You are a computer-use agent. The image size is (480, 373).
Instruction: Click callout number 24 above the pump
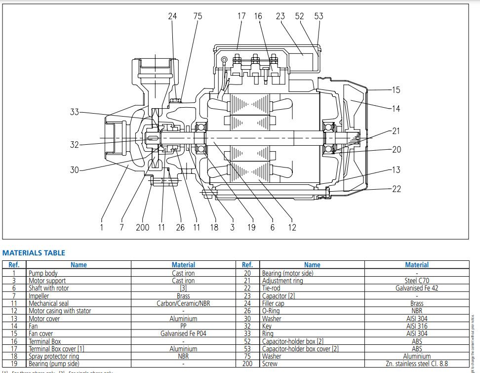pyautogui.click(x=172, y=16)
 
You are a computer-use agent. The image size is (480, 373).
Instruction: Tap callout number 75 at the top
pyautogui.click(x=198, y=16)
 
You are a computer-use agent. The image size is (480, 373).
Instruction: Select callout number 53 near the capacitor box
pyautogui.click(x=319, y=16)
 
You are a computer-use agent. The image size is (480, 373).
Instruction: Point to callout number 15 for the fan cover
pyautogui.click(x=396, y=90)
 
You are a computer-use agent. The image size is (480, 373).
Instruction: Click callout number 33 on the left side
pyautogui.click(x=74, y=112)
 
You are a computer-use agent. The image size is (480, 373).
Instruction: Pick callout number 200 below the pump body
pyautogui.click(x=142, y=227)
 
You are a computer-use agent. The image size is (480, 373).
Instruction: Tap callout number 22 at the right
pyautogui.click(x=396, y=189)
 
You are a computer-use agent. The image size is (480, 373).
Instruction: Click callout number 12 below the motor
pyautogui.click(x=292, y=227)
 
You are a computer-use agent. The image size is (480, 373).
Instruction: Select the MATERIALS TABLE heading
pyautogui.click(x=34, y=253)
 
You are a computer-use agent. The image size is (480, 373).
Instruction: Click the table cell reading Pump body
pyautogui.click(x=43, y=273)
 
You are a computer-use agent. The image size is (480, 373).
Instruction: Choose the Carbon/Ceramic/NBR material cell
pyautogui.click(x=183, y=303)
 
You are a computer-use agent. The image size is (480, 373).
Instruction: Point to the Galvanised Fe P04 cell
pyautogui.click(x=183, y=333)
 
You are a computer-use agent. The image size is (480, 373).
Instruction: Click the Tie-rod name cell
pyautogui.click(x=272, y=288)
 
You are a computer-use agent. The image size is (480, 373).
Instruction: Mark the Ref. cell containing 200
pyautogui.click(x=247, y=364)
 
